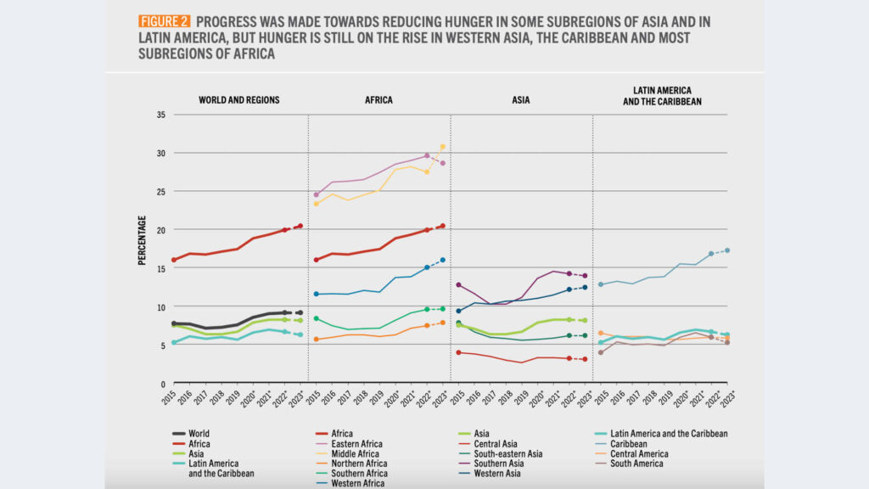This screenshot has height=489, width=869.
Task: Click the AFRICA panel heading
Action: pos(378,100)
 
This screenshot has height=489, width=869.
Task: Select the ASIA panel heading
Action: pos(521,100)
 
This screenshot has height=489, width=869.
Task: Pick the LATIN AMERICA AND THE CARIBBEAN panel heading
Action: pos(661,95)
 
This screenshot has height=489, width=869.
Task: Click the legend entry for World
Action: pos(199,433)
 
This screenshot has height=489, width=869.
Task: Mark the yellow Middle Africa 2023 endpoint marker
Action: pos(443,147)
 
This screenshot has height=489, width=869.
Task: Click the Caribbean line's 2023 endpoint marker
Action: pos(728,250)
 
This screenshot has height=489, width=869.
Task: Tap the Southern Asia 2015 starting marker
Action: pos(459,284)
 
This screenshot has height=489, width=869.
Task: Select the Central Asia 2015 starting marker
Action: pos(459,352)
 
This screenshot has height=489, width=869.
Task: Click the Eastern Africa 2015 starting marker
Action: pos(317,194)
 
